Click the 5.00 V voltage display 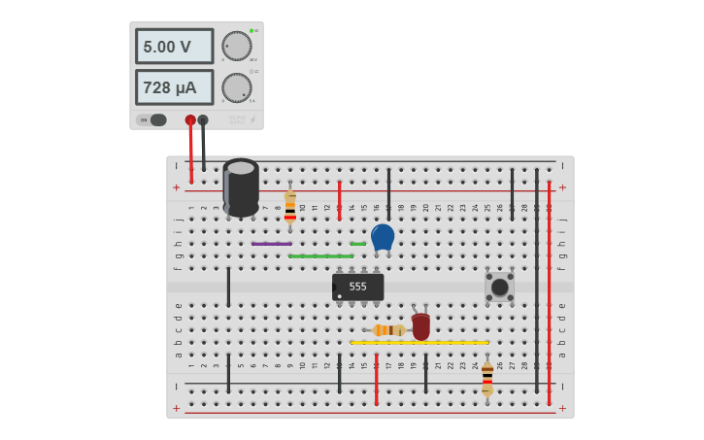[174, 47]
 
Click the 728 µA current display [174, 87]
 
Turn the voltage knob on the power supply [236, 46]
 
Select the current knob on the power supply [236, 87]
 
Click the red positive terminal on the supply [190, 120]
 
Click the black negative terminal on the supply [203, 120]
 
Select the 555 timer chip [357, 287]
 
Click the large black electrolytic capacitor [241, 186]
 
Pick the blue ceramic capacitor [383, 237]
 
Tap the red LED [420, 326]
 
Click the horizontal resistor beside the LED [388, 330]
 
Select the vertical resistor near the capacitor [289, 207]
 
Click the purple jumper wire [271, 244]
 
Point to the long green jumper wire [320, 256]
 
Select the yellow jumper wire [419, 343]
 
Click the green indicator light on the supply [251, 31]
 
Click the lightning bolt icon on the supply [253, 120]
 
